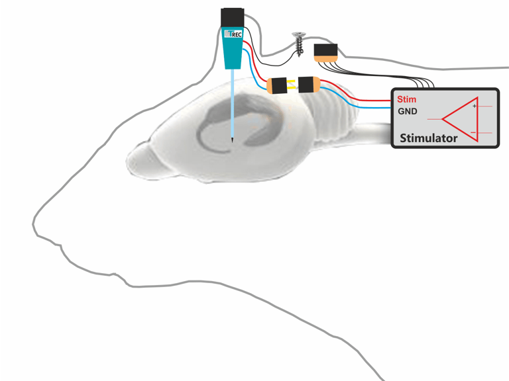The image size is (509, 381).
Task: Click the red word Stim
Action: click(x=406, y=99)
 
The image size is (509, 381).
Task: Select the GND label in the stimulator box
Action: click(x=407, y=111)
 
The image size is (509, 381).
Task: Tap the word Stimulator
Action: click(x=428, y=138)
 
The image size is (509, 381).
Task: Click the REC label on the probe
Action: click(x=236, y=33)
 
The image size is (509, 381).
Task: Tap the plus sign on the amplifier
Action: click(x=474, y=106)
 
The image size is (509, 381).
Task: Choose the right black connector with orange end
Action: click(x=308, y=85)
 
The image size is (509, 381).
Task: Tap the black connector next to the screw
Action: click(x=325, y=52)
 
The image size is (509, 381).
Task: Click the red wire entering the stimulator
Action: click(x=371, y=101)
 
